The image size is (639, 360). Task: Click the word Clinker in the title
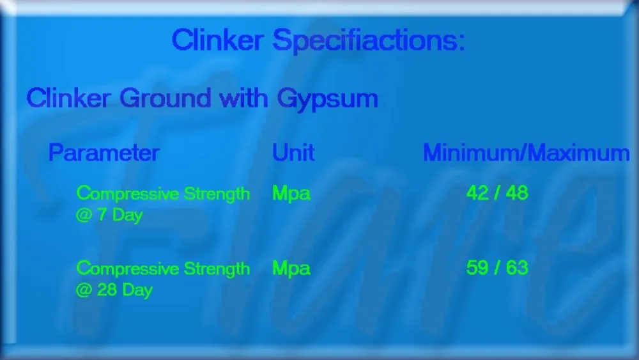(218, 40)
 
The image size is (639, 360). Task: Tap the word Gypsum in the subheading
(328, 100)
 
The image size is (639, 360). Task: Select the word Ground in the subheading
(165, 98)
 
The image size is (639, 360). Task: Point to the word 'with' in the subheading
(243, 98)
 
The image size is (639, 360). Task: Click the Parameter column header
(104, 153)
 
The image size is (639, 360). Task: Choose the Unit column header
(293, 153)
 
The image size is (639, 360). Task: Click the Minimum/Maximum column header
(527, 153)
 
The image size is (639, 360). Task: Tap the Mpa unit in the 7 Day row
(291, 194)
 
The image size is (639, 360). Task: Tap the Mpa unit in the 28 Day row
(291, 269)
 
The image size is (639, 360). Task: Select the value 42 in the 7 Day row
(477, 192)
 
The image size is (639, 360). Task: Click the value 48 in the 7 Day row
(517, 192)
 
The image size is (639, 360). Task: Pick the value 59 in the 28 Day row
(477, 267)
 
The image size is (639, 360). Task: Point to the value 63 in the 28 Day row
(517, 267)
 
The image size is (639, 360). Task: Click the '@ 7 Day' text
(109, 215)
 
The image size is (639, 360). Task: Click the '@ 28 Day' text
(114, 290)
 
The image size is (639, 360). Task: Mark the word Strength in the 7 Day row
(217, 194)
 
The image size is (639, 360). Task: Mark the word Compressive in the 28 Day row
(128, 269)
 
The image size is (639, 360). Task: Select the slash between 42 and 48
(497, 192)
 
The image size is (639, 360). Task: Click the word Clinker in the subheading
(68, 98)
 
